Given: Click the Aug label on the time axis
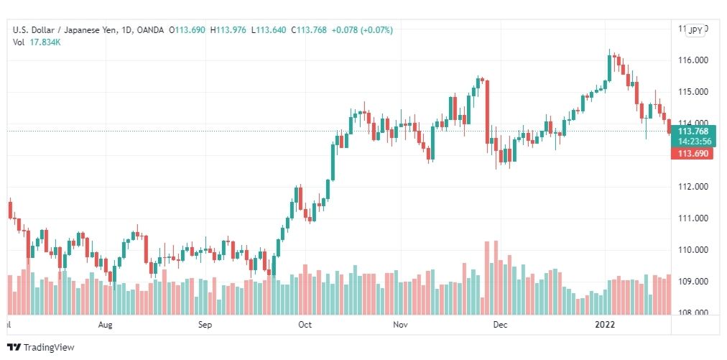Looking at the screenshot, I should pos(105,325).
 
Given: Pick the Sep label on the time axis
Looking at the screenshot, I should pos(205,325).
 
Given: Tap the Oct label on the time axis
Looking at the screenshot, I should pos(305,325).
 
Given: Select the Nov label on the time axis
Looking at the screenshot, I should pos(401,325).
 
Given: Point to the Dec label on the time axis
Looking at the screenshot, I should pos(500,325).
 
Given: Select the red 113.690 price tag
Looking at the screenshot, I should pos(691,154).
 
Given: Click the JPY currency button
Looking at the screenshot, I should pos(695,30).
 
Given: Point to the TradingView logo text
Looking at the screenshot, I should pos(49,348).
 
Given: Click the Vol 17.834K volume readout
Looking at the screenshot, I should pos(36,42).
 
